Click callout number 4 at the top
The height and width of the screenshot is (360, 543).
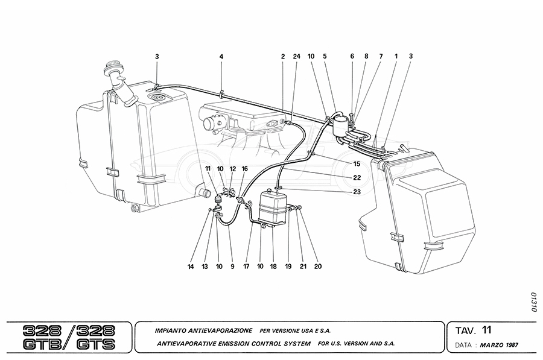click(221, 57)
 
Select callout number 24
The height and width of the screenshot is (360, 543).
click(296, 57)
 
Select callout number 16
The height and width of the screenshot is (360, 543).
click(245, 169)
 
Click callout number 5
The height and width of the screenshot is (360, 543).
click(325, 57)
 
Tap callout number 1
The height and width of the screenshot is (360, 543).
click(396, 57)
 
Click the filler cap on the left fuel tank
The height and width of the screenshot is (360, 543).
click(113, 66)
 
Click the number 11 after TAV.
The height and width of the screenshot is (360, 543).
click(487, 330)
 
